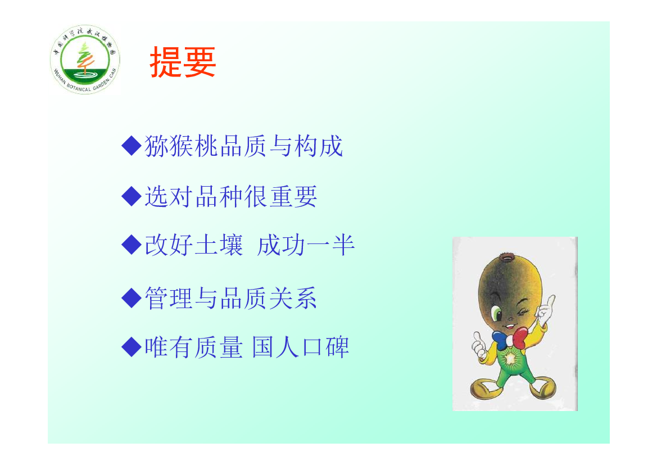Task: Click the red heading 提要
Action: coord(183,62)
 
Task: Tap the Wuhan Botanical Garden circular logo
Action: coord(85,59)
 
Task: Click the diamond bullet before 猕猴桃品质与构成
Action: coord(131,146)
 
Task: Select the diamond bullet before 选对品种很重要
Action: coord(131,196)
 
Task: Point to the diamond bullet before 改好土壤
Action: coord(131,245)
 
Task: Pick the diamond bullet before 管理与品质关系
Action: coord(131,297)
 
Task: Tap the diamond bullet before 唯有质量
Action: coord(131,347)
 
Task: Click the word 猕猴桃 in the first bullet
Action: coord(182,146)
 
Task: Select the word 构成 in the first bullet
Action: coord(319,146)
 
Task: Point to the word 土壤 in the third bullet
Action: coord(219,245)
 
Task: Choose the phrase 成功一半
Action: coord(306,245)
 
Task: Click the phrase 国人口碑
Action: coord(301,347)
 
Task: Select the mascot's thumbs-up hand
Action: coord(478,345)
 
